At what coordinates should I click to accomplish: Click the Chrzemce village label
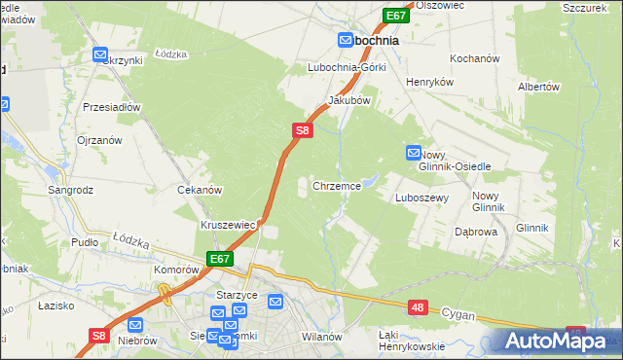338,185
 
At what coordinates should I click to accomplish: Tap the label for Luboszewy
421,197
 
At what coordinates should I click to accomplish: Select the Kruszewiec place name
228,225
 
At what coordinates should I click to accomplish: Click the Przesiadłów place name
113,107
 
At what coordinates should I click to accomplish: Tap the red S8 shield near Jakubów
303,128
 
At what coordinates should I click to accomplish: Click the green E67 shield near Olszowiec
395,17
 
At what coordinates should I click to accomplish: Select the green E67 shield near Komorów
220,259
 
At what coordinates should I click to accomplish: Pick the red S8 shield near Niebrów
97,336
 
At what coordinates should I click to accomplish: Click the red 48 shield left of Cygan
418,307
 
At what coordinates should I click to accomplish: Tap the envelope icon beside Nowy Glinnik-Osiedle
414,153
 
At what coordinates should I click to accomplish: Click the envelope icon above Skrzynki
100,55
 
